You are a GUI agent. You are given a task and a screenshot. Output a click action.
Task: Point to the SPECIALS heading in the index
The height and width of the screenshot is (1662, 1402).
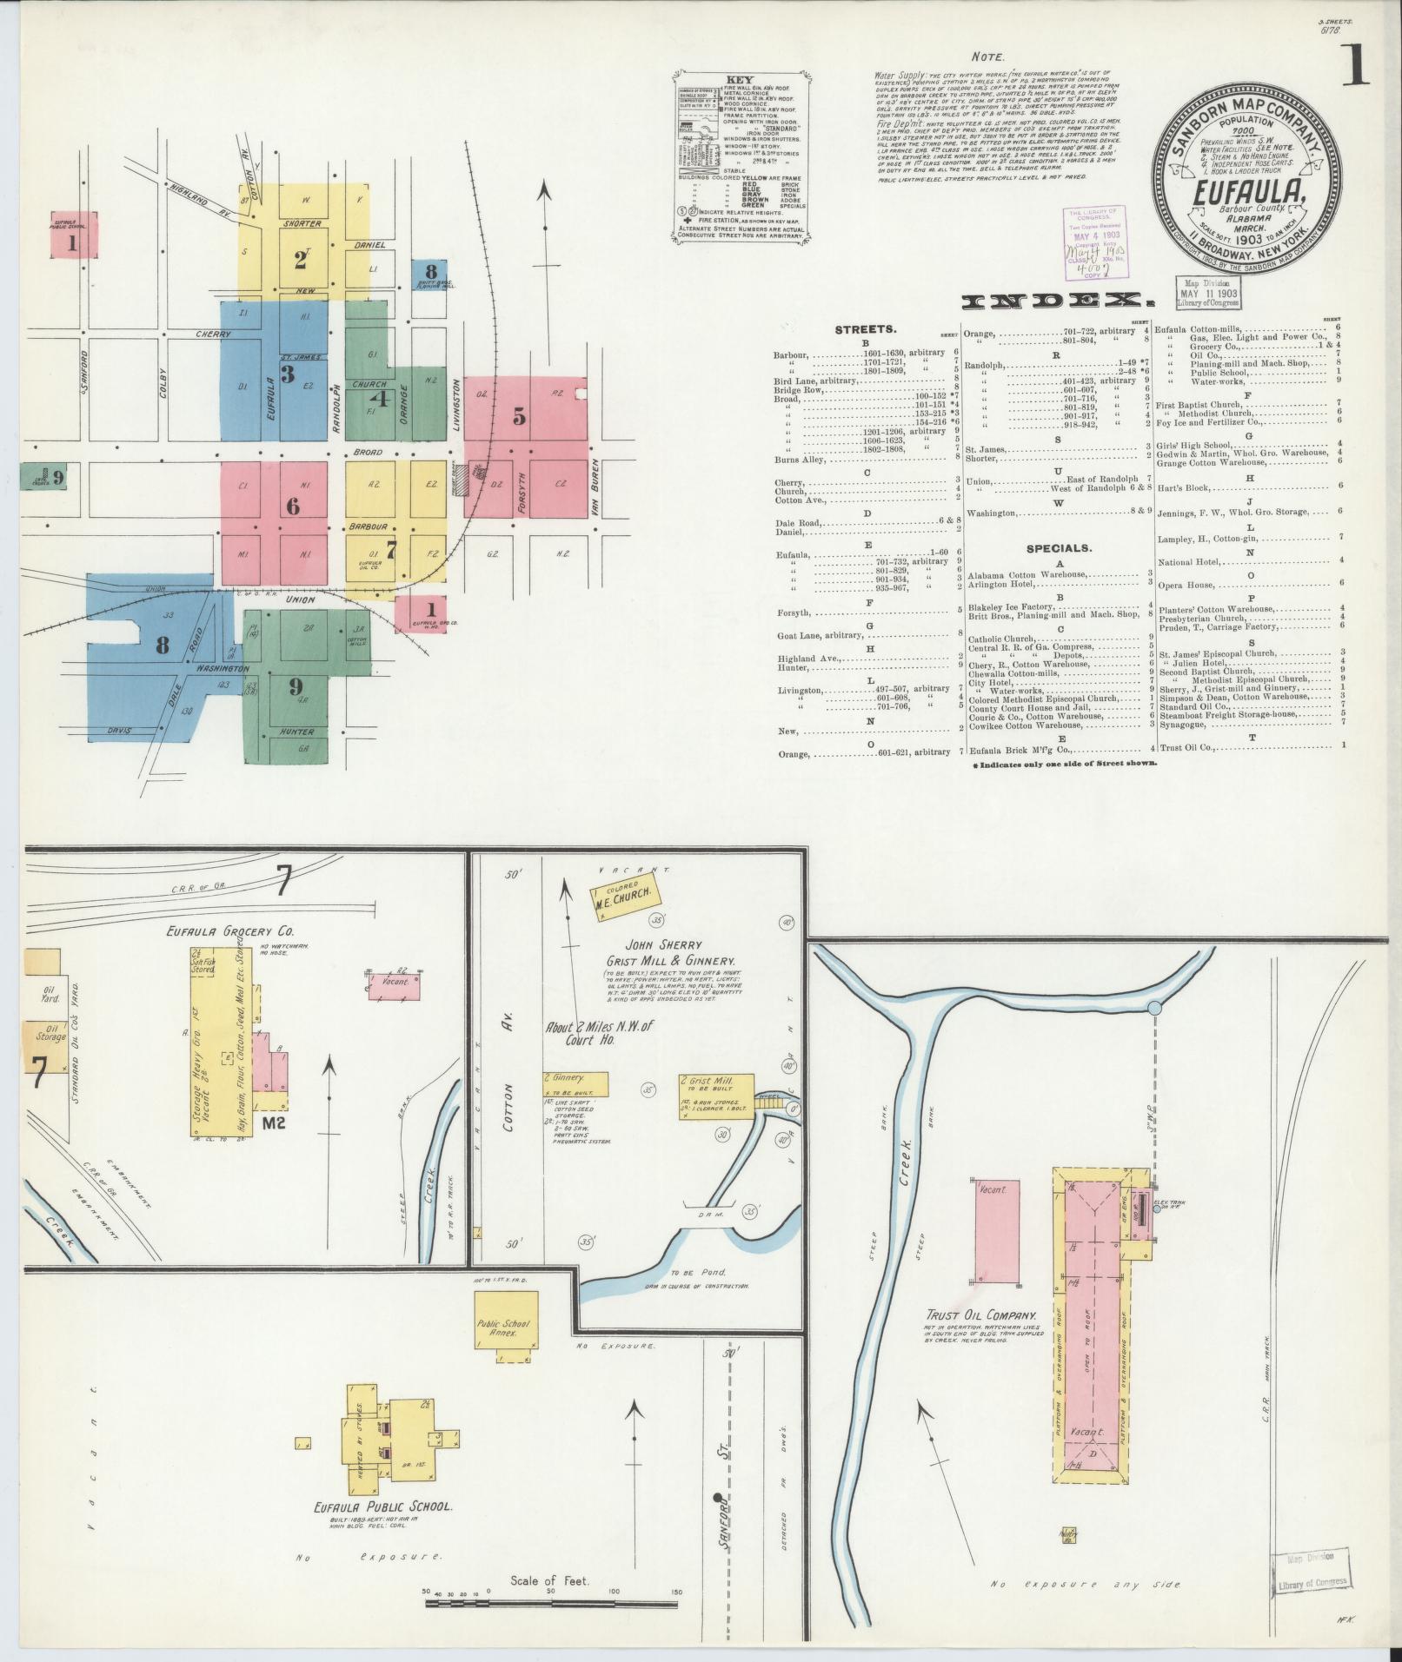coord(1059,548)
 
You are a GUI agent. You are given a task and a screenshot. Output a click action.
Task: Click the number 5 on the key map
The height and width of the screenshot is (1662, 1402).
coord(519,417)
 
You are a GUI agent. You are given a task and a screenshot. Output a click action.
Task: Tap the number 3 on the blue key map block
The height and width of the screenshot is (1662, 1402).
coord(286,374)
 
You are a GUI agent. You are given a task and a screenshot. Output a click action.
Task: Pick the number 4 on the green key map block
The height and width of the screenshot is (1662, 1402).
coord(380,399)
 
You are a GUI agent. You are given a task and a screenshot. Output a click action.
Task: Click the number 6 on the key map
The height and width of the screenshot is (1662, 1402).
coord(293,506)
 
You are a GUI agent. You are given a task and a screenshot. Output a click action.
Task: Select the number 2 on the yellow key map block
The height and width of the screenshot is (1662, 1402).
coord(301,260)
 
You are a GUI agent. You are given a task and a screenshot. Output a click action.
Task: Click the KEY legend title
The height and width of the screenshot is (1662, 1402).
coord(741,79)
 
